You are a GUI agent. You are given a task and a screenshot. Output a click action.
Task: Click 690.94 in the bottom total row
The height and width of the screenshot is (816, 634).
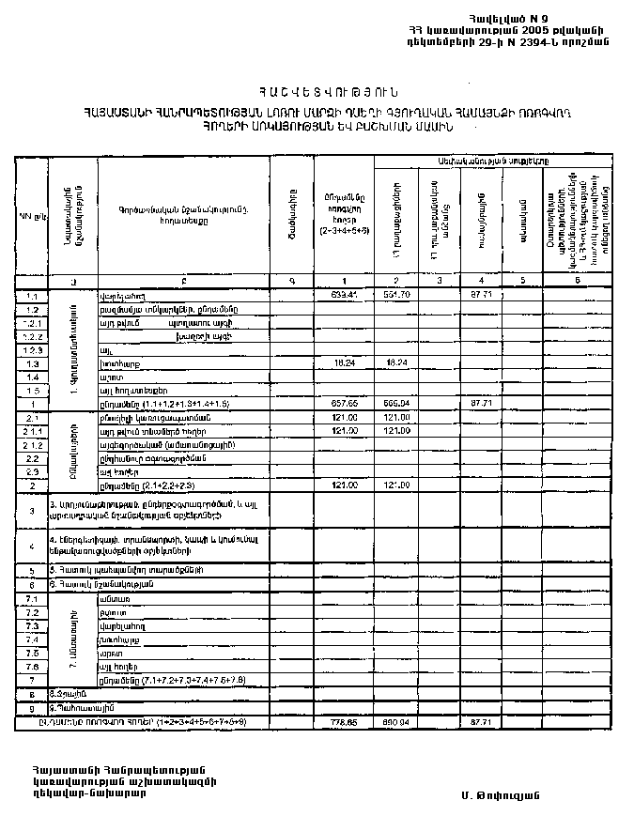coord(397,722)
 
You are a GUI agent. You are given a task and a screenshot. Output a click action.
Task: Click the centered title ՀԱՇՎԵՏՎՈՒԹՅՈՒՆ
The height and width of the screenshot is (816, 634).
coord(316,91)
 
